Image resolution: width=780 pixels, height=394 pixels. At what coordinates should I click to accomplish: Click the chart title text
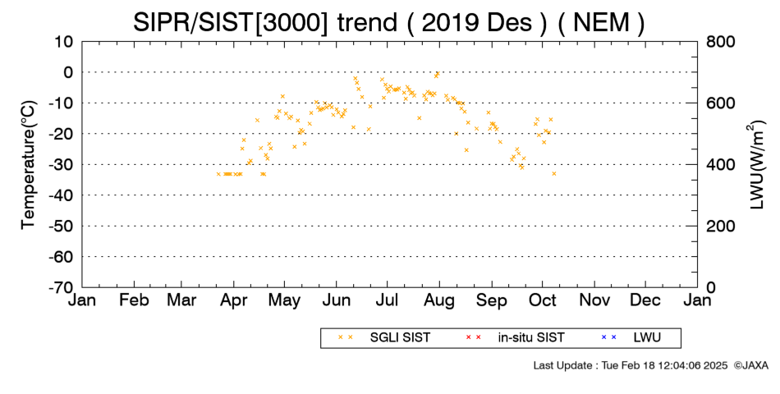click(x=388, y=23)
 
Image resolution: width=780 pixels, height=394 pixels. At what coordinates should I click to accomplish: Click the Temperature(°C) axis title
click(x=29, y=165)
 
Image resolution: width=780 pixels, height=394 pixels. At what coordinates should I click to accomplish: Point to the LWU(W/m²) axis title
click(x=755, y=165)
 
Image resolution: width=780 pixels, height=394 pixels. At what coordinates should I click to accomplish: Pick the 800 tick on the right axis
click(x=721, y=42)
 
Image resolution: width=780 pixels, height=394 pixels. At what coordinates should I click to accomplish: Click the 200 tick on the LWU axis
click(x=721, y=227)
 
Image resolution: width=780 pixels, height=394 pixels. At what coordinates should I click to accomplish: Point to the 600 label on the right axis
click(x=721, y=103)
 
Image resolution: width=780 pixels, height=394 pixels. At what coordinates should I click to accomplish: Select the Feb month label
click(x=135, y=300)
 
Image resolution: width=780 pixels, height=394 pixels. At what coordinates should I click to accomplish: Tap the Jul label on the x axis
click(x=387, y=300)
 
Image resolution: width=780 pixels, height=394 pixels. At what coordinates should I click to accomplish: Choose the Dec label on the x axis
click(x=645, y=300)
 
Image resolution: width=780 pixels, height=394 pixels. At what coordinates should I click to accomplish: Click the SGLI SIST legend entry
click(x=400, y=338)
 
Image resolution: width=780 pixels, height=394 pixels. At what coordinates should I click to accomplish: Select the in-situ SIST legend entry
click(x=531, y=338)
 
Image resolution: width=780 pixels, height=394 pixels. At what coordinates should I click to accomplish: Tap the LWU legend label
click(x=647, y=338)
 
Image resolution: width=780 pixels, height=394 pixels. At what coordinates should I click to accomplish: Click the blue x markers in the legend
click(x=609, y=337)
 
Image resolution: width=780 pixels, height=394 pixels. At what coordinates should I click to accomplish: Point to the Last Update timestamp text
click(x=631, y=365)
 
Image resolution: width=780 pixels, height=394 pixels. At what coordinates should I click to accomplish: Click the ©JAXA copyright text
click(x=750, y=365)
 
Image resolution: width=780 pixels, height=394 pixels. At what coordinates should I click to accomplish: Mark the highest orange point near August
click(x=438, y=73)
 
